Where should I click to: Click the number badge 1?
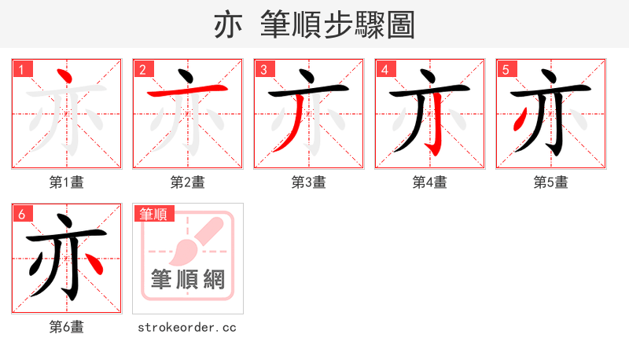(21, 68)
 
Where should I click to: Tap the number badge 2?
(142, 68)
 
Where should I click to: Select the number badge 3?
(263, 68)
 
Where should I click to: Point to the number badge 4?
(384, 68)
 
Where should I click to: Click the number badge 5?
(506, 68)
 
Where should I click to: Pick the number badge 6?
(21, 213)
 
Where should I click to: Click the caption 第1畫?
(67, 182)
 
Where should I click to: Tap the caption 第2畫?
(188, 182)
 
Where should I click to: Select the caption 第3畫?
(309, 182)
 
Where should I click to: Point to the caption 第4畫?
(430, 182)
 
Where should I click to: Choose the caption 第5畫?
(551, 182)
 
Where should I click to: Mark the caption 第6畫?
(67, 327)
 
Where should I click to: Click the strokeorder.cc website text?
(187, 327)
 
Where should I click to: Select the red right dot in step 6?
(94, 264)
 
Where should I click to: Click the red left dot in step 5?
(519, 120)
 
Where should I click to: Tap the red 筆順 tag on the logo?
(153, 214)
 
